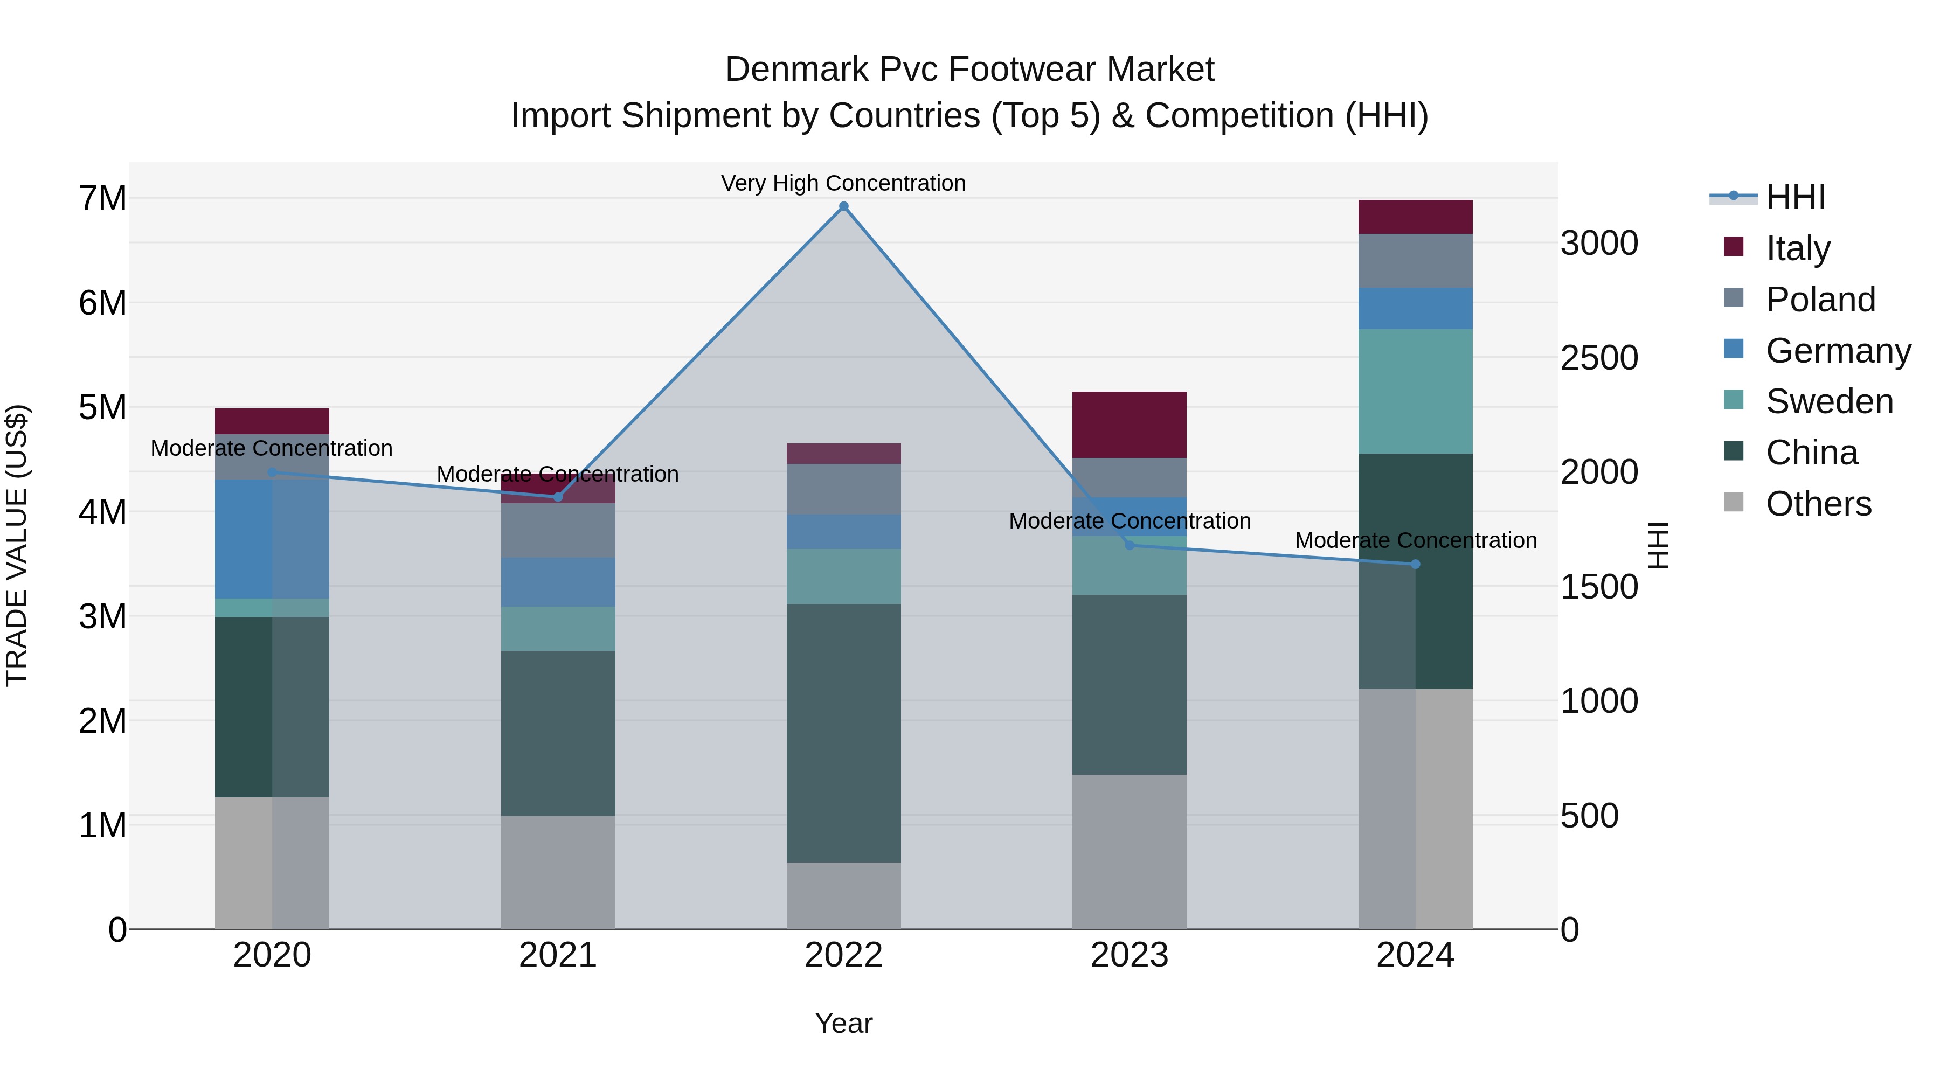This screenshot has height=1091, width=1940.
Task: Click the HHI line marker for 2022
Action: [x=843, y=206]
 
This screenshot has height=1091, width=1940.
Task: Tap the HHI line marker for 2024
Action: [x=1415, y=564]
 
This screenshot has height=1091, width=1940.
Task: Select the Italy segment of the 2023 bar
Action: [x=1129, y=425]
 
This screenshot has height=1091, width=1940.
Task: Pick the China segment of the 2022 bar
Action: [x=843, y=733]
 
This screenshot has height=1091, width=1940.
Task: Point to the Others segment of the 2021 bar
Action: [x=558, y=872]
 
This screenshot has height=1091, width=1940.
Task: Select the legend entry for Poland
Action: [x=1819, y=300]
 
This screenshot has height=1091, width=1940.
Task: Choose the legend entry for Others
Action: [x=1818, y=504]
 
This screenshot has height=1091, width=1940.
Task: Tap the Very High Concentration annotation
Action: [x=843, y=183]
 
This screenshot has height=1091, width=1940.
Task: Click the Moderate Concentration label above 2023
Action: [x=1129, y=521]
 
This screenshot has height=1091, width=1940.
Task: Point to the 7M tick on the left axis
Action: [x=103, y=199]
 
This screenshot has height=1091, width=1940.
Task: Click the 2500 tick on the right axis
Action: [x=1599, y=358]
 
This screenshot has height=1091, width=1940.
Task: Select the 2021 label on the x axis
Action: [x=558, y=955]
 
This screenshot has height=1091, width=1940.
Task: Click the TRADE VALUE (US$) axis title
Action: [x=17, y=545]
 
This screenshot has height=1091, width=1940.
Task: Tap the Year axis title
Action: [x=843, y=1023]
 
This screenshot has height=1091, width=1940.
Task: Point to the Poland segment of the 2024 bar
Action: [x=1415, y=261]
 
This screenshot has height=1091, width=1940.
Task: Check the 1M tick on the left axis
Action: [x=103, y=825]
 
